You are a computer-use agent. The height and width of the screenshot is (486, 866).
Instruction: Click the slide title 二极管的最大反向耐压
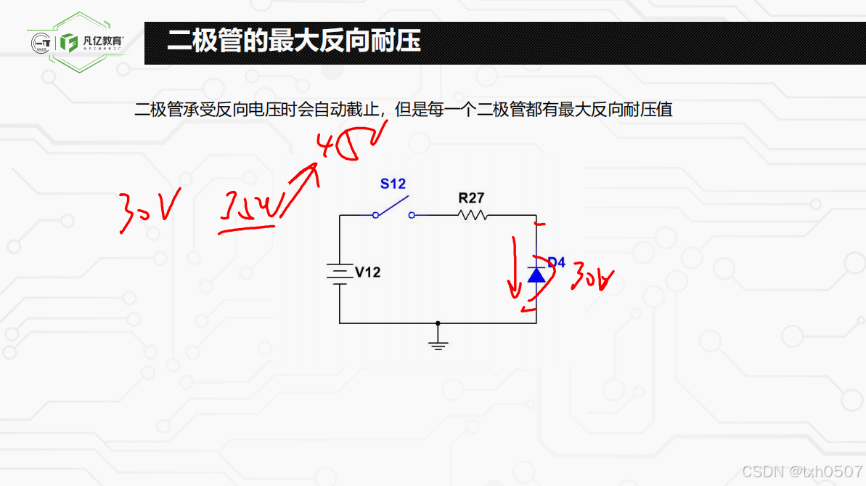point(293,41)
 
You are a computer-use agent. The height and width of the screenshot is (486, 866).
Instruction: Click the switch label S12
point(393,184)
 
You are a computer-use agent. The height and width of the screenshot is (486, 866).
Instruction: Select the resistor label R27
point(471,198)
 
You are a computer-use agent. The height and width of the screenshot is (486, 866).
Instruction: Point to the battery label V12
point(367,272)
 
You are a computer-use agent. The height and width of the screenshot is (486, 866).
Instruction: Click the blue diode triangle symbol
point(536,274)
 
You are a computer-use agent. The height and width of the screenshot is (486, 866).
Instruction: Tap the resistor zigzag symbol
point(473,215)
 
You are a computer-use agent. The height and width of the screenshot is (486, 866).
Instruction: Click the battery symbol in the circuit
point(339,272)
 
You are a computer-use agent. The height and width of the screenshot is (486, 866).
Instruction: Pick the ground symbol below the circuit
point(437,342)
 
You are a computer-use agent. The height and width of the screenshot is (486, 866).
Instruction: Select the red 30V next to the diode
point(592,278)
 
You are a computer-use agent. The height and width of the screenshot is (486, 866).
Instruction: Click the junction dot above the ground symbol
point(437,323)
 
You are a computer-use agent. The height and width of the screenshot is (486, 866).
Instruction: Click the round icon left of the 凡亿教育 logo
point(41,43)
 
